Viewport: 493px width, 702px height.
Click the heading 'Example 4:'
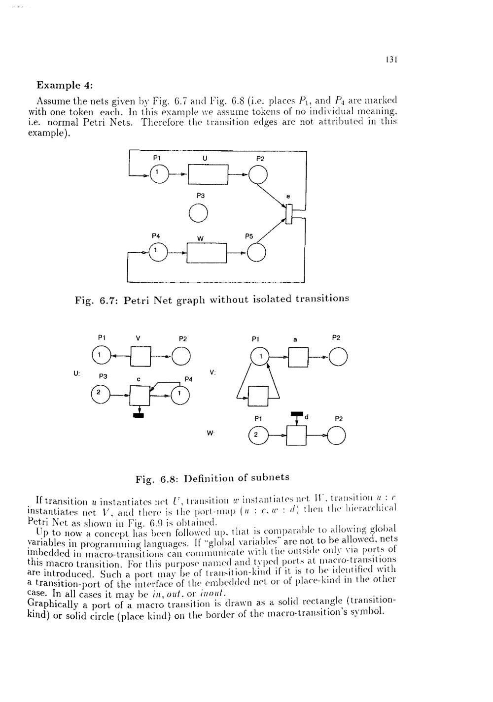(x=63, y=84)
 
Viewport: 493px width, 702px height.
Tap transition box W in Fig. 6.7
(x=207, y=253)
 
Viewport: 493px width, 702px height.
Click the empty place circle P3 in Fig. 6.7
(x=198, y=213)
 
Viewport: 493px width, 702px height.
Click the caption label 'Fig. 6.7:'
(x=96, y=300)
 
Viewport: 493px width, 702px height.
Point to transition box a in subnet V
(x=298, y=357)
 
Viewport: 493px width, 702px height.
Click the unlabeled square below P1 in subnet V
(x=256, y=395)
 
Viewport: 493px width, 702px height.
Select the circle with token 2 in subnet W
(x=257, y=435)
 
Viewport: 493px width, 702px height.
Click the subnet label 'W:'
(x=211, y=433)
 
